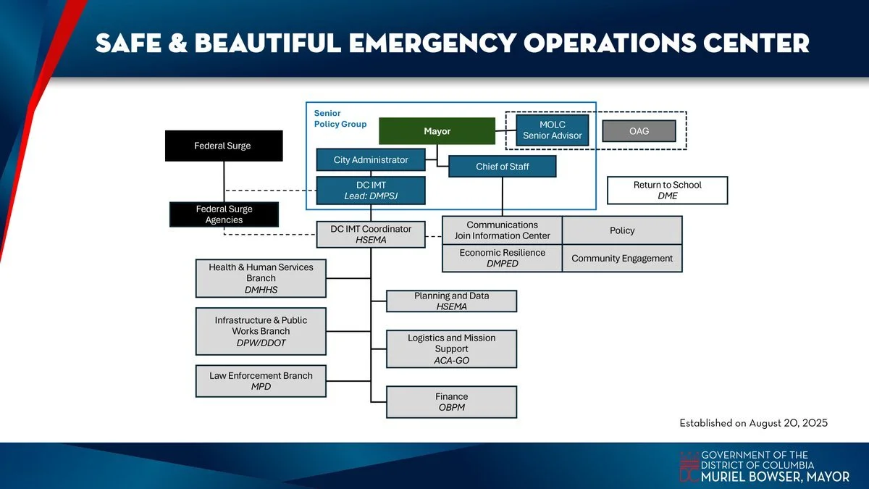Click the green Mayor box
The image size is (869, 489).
pos(437,131)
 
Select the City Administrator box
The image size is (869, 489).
pos(370,159)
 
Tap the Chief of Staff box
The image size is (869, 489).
pos(502,167)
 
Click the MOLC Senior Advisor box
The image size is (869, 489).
pos(552,130)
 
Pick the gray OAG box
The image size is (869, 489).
pos(639,131)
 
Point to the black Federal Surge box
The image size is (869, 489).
pos(223,146)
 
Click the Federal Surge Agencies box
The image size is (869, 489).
pos(224,214)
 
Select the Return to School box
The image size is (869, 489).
pos(667,191)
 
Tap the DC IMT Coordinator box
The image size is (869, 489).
pos(371,234)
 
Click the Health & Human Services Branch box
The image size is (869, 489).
pos(261,278)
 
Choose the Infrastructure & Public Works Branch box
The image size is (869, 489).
pos(261,331)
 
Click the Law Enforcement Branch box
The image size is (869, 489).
pos(261,381)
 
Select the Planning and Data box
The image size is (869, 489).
pos(451,301)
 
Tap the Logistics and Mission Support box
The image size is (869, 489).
pos(451,348)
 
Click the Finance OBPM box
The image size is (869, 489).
pos(451,402)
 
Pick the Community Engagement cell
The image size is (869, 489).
pos(622,258)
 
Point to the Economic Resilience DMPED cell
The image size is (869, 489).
pos(502,258)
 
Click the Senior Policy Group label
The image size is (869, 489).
pos(340,119)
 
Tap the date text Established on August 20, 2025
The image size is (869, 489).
pos(753,422)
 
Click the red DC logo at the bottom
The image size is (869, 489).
pos(689,467)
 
